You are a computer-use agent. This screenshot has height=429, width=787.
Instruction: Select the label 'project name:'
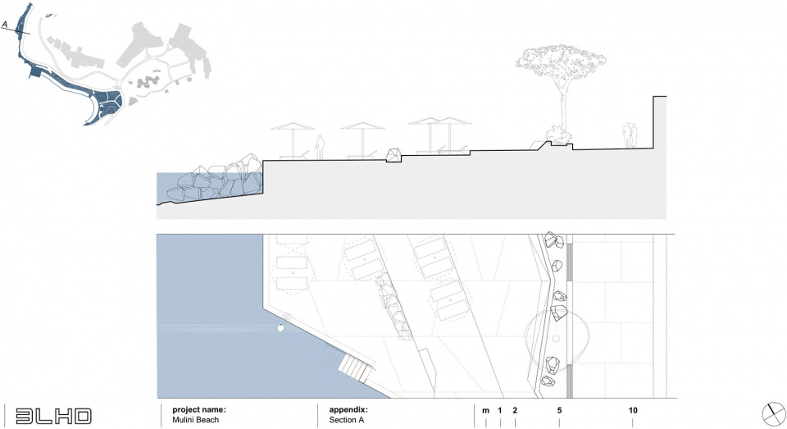click(x=198, y=409)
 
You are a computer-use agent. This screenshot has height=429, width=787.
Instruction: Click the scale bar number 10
click(x=633, y=410)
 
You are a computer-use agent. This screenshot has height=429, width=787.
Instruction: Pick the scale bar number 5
click(x=559, y=410)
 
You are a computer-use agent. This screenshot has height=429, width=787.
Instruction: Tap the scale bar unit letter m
click(x=485, y=410)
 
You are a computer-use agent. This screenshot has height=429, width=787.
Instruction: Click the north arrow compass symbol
click(x=772, y=414)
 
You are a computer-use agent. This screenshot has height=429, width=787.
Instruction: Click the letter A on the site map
click(x=6, y=25)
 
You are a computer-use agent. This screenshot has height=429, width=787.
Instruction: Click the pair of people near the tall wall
click(x=629, y=135)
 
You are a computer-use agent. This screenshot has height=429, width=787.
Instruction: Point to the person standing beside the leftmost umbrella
click(x=321, y=146)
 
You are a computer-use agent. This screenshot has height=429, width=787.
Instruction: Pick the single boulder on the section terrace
click(x=394, y=154)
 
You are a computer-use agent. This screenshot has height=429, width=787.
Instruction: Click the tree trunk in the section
click(x=563, y=107)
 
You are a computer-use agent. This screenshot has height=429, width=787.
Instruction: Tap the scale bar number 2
click(x=515, y=410)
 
